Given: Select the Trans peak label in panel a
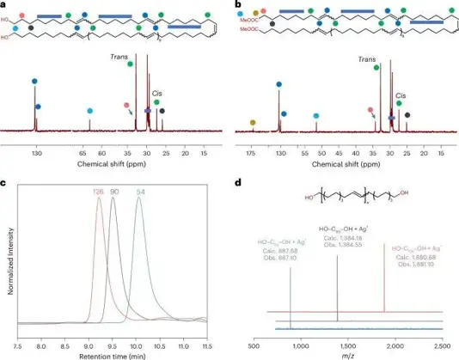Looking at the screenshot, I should point(118,58).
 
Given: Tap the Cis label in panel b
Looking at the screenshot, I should point(401,95).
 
